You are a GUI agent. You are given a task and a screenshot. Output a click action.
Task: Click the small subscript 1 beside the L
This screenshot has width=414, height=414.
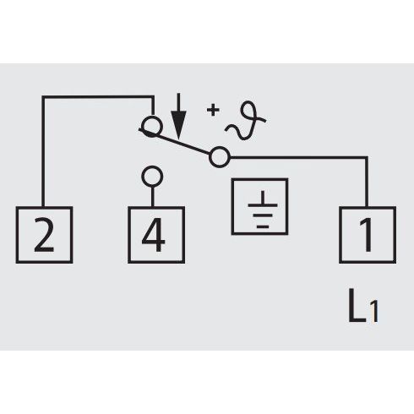(373, 312)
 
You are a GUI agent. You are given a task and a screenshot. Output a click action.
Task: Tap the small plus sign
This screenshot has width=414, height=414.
(213, 110)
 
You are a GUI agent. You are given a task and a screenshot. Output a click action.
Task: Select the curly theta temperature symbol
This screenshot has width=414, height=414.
(246, 121)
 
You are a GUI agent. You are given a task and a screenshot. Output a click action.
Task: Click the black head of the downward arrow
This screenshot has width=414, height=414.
(178, 125)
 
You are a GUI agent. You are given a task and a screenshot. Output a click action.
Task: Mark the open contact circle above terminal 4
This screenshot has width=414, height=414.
(152, 168)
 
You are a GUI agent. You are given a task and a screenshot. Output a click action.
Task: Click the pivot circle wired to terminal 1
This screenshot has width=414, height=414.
(220, 149)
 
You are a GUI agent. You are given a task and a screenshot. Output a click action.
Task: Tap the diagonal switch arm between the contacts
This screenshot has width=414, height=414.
(175, 142)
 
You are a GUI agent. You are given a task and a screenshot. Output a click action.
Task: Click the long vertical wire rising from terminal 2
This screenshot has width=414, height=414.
(43, 152)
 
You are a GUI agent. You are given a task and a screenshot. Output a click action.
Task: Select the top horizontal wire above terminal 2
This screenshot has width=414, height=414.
(98, 97)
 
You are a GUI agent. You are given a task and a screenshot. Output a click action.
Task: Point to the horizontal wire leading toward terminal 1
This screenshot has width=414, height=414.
(299, 157)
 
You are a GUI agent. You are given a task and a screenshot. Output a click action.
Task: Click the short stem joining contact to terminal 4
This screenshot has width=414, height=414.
(152, 197)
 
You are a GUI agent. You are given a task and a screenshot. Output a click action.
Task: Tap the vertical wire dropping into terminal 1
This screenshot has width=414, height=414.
(367, 182)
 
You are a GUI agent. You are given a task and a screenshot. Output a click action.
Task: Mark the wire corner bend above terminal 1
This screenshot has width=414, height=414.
(367, 157)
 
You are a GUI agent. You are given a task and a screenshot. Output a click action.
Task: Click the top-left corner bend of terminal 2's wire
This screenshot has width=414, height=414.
(43, 97)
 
